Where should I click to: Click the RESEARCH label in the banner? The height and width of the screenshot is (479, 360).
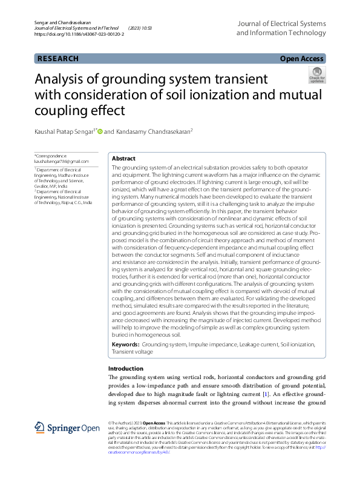58,59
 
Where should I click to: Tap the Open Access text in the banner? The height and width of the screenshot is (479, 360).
303,59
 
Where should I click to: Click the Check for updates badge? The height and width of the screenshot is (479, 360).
316,76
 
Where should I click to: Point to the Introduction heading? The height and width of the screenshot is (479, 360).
125,368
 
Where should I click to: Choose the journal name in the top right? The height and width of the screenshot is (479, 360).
281,28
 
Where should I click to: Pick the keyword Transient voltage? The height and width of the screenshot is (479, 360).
132,351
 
